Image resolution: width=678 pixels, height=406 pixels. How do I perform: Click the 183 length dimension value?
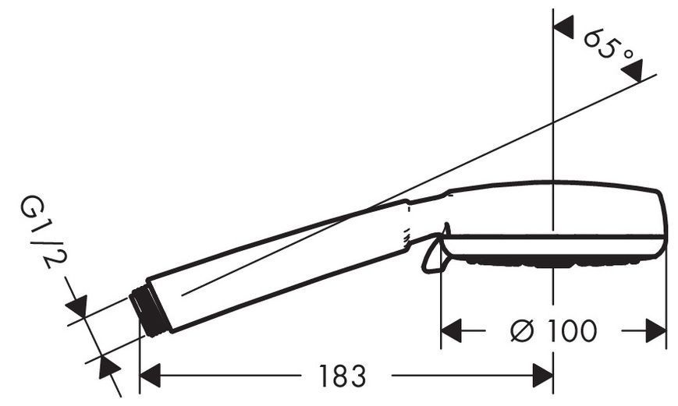pos(342,376)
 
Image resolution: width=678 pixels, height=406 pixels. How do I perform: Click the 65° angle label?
pos(609,46)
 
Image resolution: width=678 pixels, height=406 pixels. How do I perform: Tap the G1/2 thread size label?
pos(43,231)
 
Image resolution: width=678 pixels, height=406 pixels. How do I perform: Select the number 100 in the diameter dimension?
pos(572,331)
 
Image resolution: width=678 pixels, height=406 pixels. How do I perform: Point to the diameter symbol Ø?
pos(522,331)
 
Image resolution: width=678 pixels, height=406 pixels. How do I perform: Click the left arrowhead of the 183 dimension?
pos(151,376)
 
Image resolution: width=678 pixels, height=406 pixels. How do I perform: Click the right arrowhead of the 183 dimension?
pos(543,376)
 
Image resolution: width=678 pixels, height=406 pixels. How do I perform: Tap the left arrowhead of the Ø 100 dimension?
pos(452,331)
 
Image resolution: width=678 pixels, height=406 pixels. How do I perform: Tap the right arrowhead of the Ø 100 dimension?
pos(655,331)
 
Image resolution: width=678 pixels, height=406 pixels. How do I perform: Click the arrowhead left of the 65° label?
pos(563,26)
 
